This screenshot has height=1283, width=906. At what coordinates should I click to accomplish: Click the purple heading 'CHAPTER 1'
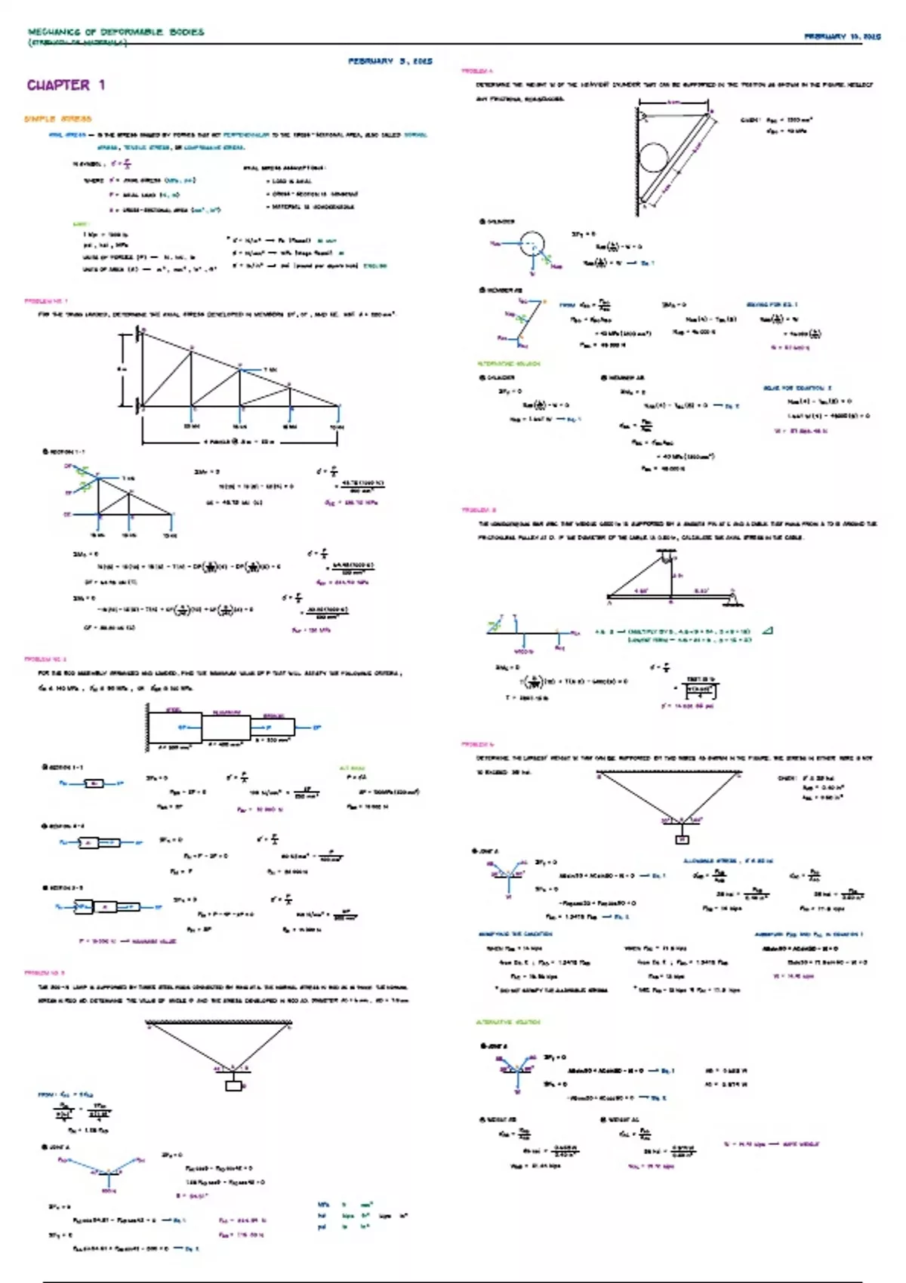pos(66,85)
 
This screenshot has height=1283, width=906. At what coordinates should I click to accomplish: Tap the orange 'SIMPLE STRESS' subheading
pos(57,118)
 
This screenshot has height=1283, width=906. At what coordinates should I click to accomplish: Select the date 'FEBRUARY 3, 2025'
pos(390,61)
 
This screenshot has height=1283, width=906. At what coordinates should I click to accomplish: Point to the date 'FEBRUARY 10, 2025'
pos(842,36)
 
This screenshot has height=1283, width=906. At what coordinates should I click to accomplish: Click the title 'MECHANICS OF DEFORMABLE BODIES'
pos(116,32)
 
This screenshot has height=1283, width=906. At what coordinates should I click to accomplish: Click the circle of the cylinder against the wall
pos(654,158)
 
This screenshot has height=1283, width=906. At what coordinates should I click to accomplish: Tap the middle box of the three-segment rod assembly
pos(226,728)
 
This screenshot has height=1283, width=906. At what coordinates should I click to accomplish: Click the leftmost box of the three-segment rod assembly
pos(174,728)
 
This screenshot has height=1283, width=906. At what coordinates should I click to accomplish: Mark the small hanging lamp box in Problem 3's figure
pos(234,1086)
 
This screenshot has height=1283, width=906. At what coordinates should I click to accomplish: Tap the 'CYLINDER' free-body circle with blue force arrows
pos(532,244)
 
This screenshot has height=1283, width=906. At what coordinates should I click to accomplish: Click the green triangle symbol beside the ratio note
pos(767,631)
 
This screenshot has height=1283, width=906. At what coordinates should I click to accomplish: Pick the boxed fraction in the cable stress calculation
pos(700,691)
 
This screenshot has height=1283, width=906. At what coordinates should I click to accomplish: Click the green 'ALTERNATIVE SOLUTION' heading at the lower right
pos(508,1022)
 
